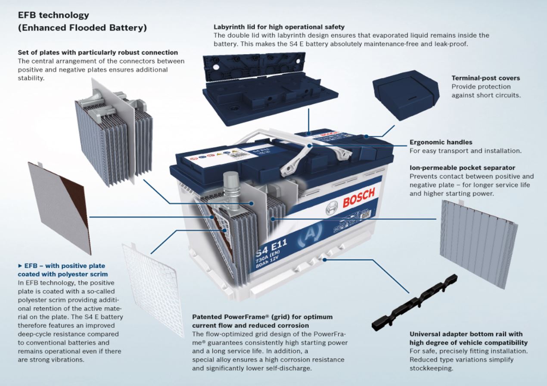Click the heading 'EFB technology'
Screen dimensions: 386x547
pyautogui.click(x=53, y=15)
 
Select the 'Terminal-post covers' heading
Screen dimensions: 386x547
pyautogui.click(x=485, y=78)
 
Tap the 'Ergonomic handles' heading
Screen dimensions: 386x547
pyautogui.click(x=440, y=142)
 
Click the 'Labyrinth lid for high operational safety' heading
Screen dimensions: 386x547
pyautogui.click(x=279, y=27)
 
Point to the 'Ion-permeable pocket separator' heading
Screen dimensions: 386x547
pyautogui.click(x=462, y=167)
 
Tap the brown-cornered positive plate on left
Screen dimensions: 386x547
pyautogui.click(x=60, y=207)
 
